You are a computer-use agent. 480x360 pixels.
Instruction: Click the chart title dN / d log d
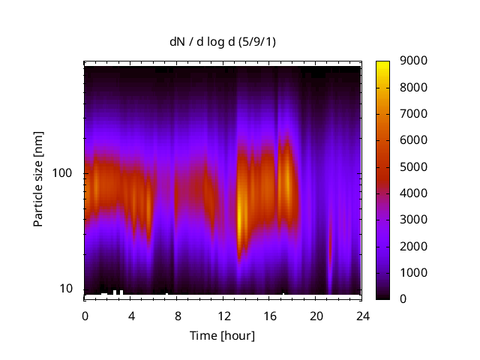222,41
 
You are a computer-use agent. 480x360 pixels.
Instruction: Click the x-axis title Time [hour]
222,335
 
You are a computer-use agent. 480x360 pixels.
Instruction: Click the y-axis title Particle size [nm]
38,180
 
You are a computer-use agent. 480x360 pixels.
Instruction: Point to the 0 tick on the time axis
85,315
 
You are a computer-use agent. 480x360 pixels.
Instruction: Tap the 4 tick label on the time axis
131,315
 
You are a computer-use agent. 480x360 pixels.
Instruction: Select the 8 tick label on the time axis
177,315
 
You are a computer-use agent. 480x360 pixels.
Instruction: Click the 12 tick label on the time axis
223,315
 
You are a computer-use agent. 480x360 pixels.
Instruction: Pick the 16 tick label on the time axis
269,315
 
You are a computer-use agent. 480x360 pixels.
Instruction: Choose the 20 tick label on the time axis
315,315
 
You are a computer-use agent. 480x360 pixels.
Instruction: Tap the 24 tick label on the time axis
361,315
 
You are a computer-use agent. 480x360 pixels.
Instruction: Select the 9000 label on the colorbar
414,61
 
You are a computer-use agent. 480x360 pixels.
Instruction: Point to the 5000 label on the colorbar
414,166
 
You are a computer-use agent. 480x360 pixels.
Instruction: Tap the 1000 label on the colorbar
414,272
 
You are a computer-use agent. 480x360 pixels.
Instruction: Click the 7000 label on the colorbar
414,114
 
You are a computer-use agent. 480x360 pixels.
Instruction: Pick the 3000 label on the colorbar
414,220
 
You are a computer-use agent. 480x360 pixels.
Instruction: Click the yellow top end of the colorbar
383,63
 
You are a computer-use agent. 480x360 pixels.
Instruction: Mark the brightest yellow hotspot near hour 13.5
241,217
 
